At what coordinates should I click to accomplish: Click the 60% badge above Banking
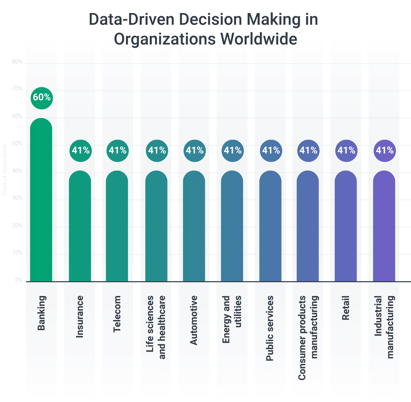pos(41,98)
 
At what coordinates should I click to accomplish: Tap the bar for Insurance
pos(80,226)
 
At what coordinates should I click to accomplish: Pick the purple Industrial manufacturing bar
pos(384,226)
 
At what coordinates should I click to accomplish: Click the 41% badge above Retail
pos(346,151)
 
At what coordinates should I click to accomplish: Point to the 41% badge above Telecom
pos(117,151)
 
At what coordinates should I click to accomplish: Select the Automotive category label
pos(194,320)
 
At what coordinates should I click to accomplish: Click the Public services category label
pos(270,328)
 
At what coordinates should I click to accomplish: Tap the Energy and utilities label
pos(232,319)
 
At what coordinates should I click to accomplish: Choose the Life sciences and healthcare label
pos(156,327)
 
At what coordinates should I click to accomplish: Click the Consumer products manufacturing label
pos(308,338)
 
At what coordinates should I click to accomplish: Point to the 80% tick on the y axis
pos(17,62)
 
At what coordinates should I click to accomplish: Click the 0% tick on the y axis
pos(18,280)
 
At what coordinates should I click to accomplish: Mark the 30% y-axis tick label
pos(17,198)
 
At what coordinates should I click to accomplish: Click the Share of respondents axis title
pos(5,170)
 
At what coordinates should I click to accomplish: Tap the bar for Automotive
pos(194,226)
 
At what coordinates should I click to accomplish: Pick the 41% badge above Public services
pos(271,151)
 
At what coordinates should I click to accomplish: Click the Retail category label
pos(346,308)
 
